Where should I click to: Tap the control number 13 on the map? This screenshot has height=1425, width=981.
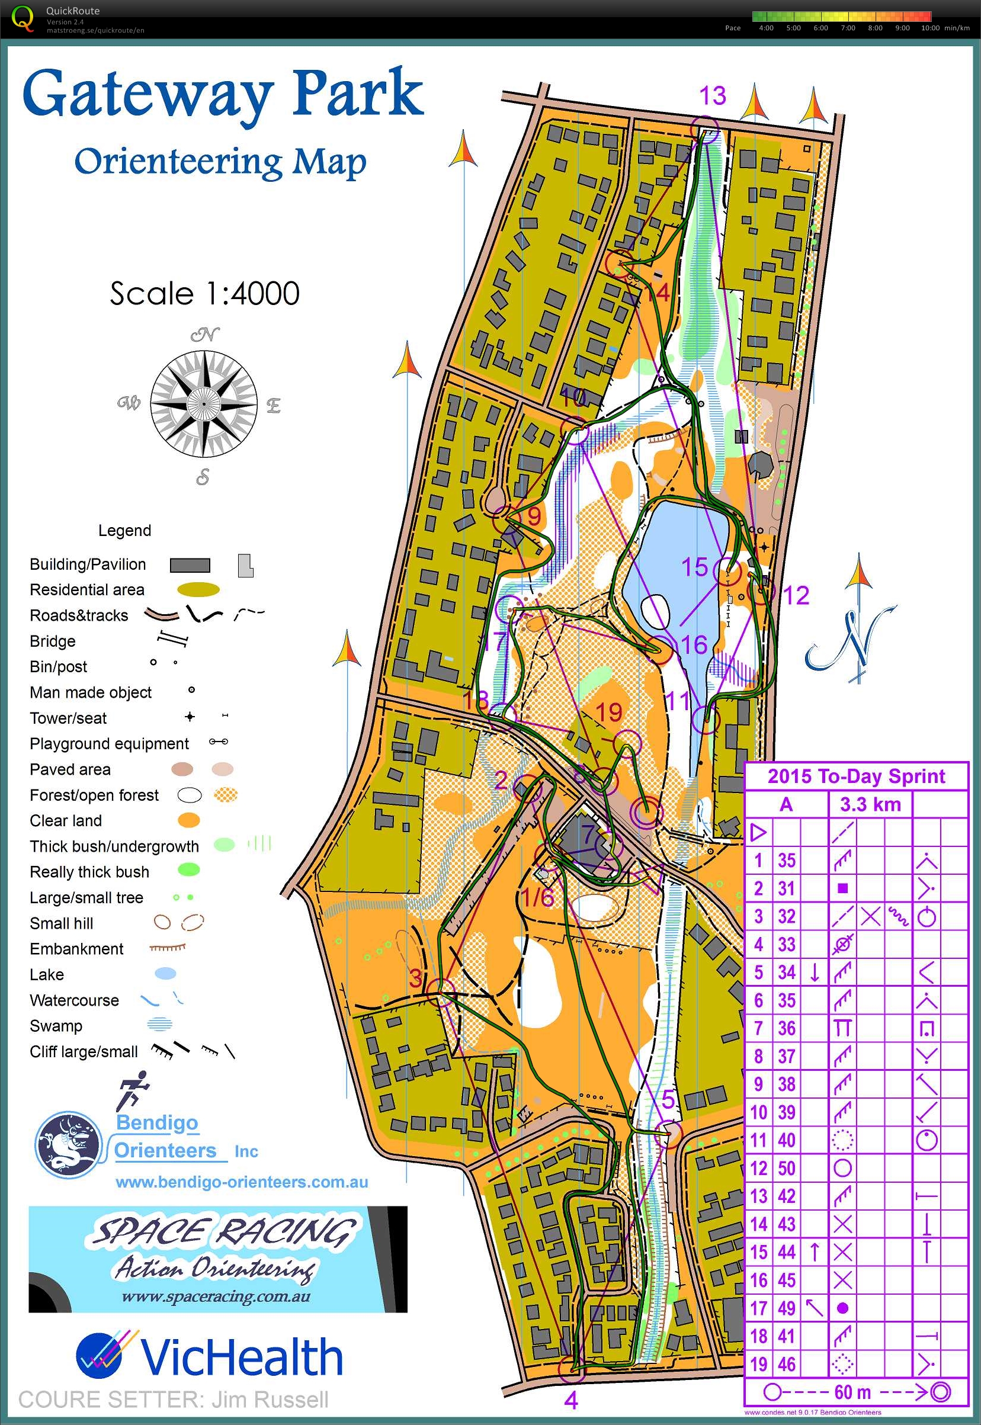(713, 96)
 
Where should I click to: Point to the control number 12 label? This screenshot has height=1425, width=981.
(796, 595)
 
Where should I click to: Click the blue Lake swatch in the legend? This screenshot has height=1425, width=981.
(165, 973)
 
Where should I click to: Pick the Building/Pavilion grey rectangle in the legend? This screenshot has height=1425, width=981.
(190, 564)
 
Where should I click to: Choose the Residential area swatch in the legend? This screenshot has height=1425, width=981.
(198, 590)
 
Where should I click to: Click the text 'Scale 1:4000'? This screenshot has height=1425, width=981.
(205, 293)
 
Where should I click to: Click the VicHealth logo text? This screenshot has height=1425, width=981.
(241, 1357)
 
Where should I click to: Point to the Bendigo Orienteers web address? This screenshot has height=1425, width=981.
(242, 1182)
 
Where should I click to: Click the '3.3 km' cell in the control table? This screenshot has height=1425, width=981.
(870, 804)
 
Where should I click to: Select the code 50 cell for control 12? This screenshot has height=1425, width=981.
(787, 1167)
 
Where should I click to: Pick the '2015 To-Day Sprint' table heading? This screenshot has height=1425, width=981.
(856, 776)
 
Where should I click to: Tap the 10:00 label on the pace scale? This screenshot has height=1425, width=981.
(930, 28)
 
